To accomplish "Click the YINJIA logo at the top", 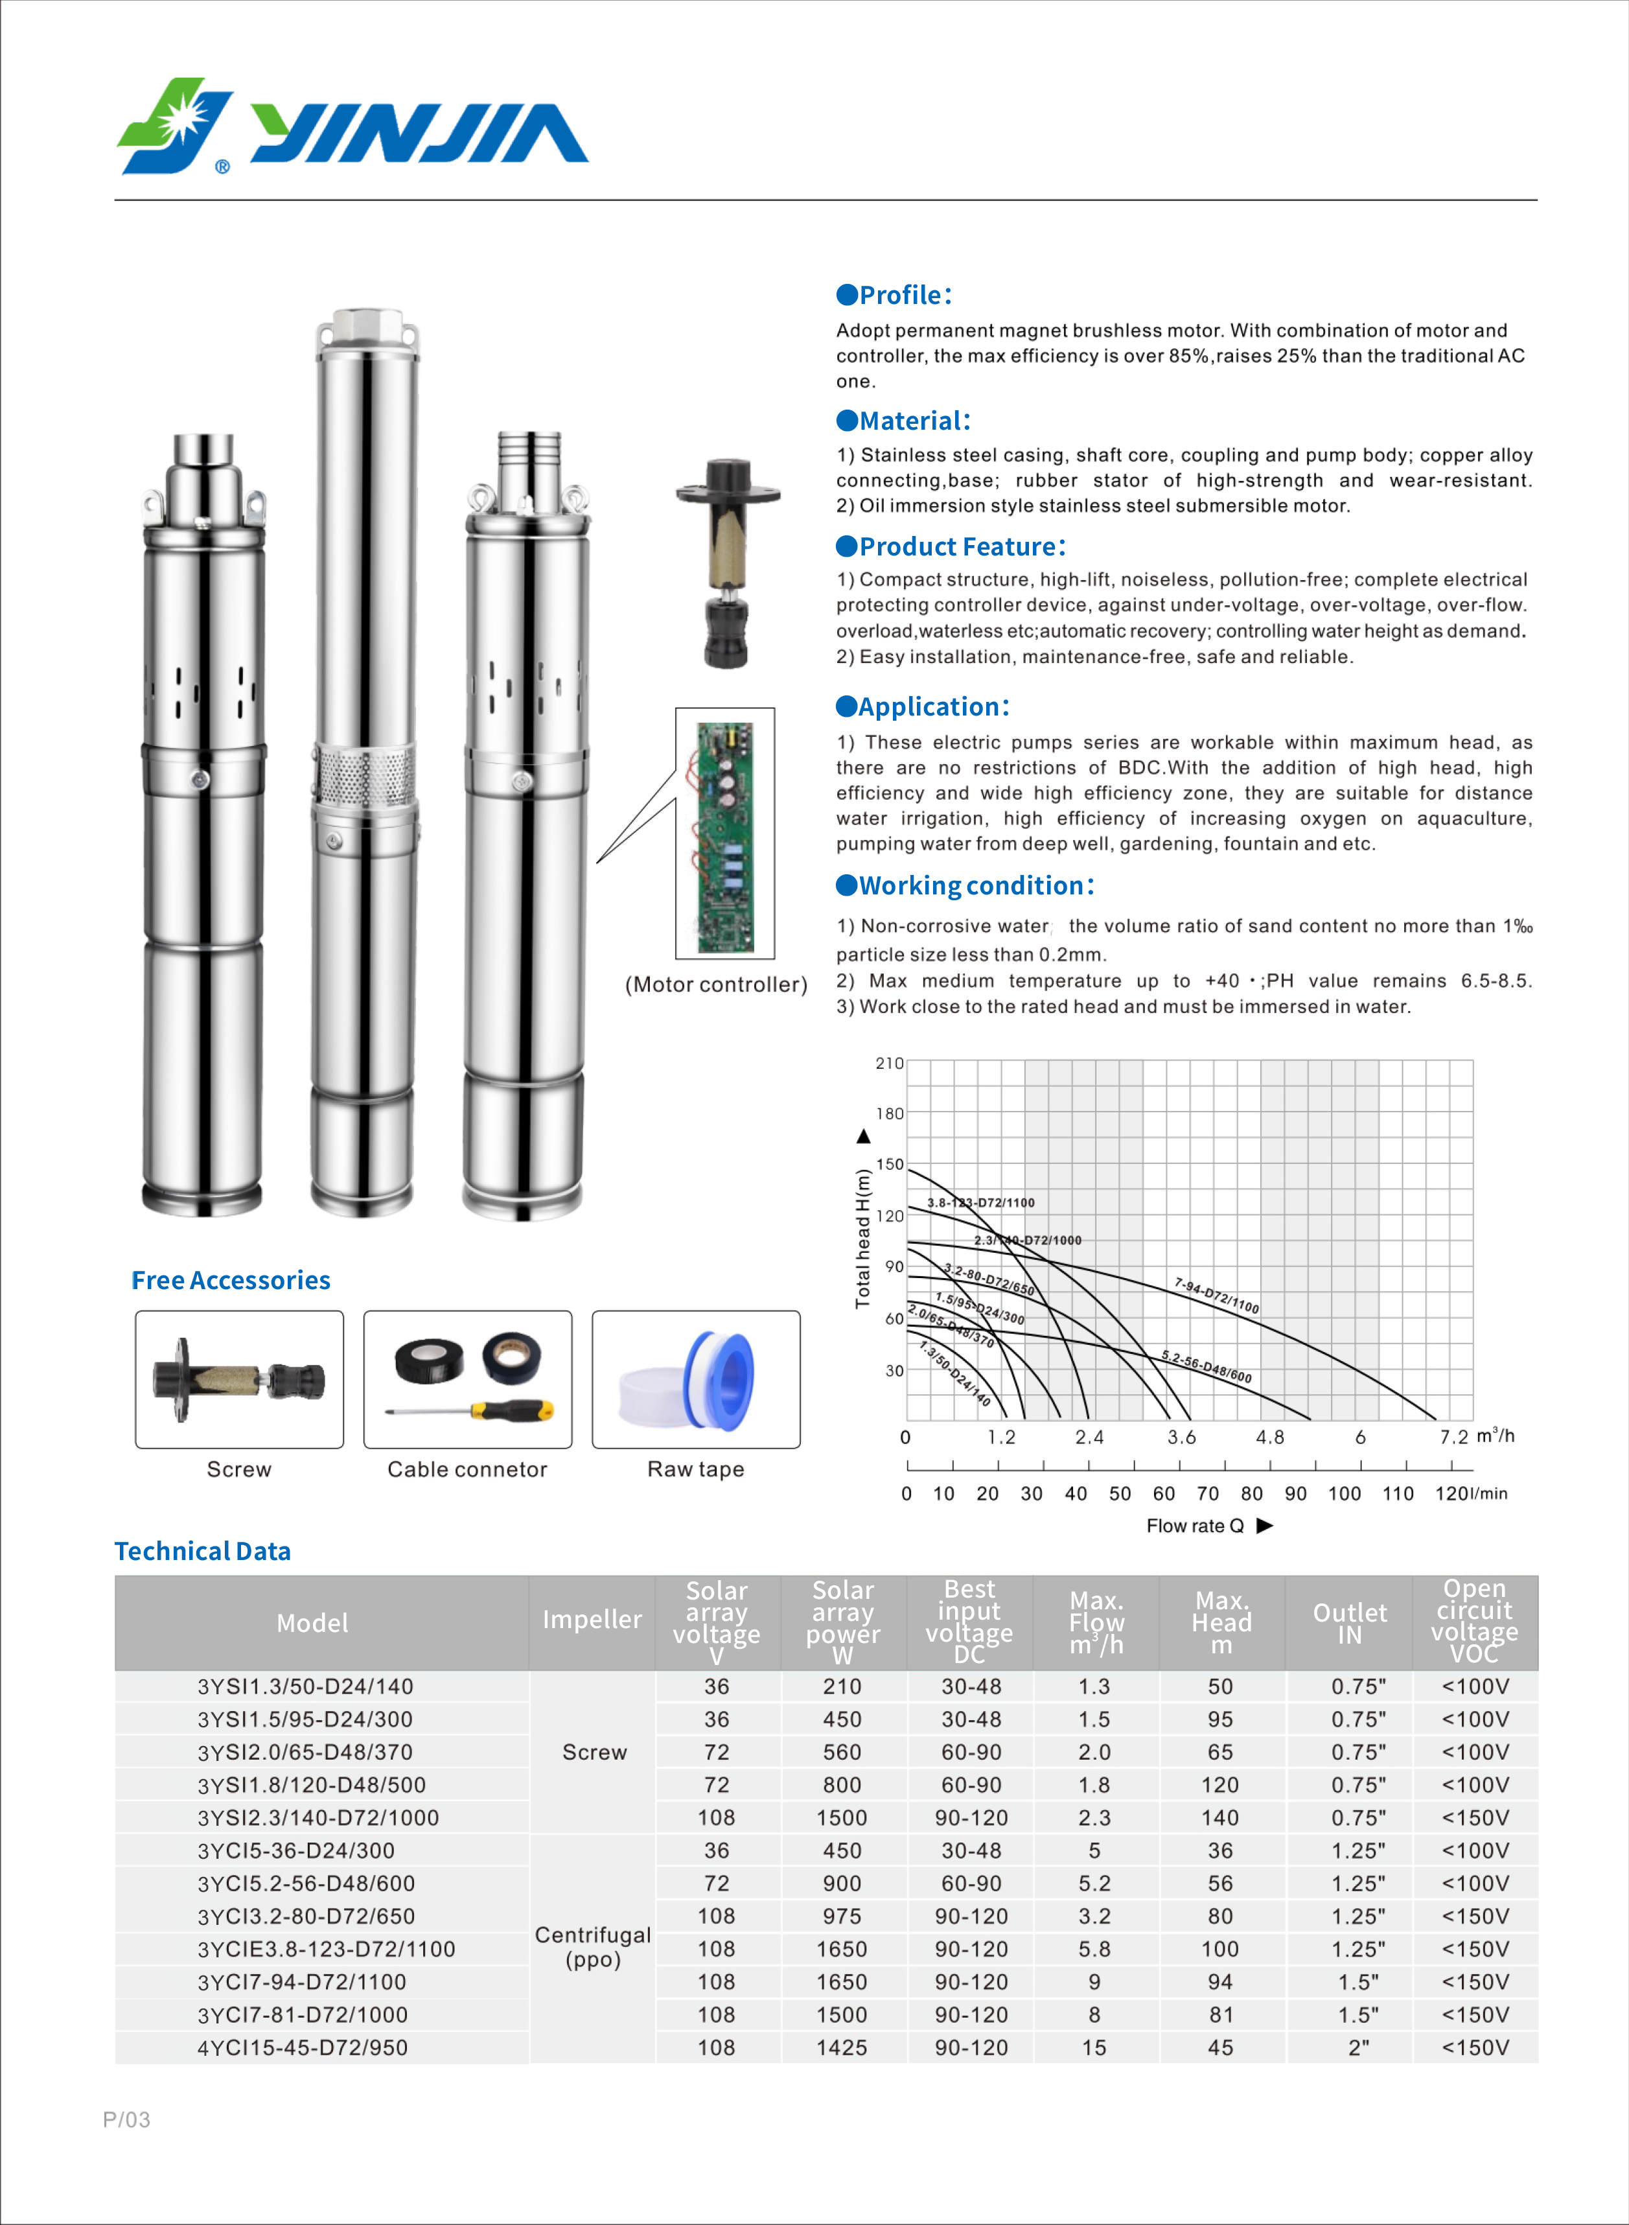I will pyautogui.click(x=352, y=128).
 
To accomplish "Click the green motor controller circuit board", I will pyautogui.click(x=725, y=837).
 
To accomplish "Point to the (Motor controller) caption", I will pyautogui.click(x=716, y=984).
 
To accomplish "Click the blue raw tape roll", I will pyautogui.click(x=725, y=1379).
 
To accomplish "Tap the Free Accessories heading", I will pyautogui.click(x=231, y=1280).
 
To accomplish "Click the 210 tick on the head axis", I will pyautogui.click(x=890, y=1063).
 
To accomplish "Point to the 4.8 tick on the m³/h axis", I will pyautogui.click(x=1269, y=1437).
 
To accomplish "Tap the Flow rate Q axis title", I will pyautogui.click(x=1195, y=1526).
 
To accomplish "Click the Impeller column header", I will pyautogui.click(x=592, y=1620).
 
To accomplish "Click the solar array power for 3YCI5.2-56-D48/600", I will pyautogui.click(x=842, y=1883).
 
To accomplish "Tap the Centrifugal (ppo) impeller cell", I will pyautogui.click(x=593, y=1947).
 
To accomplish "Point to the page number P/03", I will pyautogui.click(x=126, y=2119).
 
